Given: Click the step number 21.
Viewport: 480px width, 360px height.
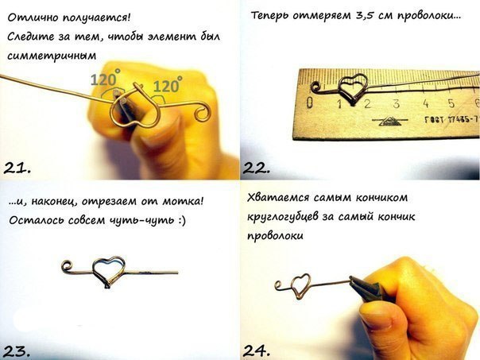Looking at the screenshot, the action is pos(17,168).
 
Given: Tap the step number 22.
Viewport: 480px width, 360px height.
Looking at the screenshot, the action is pos(257,168).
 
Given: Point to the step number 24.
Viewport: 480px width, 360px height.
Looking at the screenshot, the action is pos(257,350).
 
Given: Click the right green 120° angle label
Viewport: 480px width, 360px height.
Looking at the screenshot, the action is pos(168,84).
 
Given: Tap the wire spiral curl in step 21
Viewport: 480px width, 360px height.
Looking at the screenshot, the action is pos(203,112).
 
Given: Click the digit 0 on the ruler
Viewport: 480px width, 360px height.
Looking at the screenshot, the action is pos(310,103).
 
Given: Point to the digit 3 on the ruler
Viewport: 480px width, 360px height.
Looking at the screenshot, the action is pos(397,103).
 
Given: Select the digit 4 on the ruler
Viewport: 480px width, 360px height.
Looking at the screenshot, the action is pos(425,103).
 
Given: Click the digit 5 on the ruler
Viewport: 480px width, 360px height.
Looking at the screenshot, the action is pos(451,103).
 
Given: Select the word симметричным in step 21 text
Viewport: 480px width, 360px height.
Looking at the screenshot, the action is pos(52,56).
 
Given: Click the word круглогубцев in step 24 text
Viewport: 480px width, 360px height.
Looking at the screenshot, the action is pos(281,217).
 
